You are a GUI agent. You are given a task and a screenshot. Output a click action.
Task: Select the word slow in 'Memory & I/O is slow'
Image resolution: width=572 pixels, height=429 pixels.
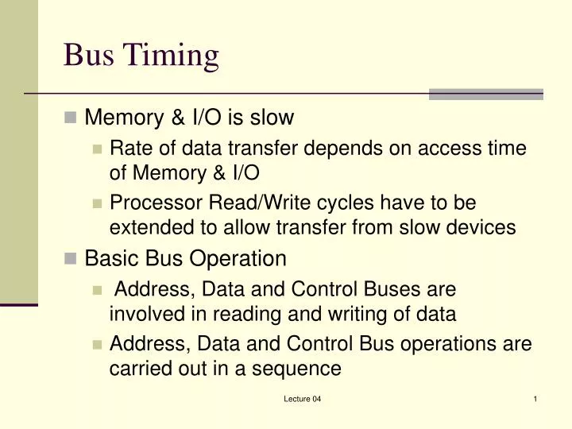[x=272, y=118]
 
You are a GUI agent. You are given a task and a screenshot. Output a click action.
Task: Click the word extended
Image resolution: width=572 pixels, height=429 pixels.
[x=148, y=227]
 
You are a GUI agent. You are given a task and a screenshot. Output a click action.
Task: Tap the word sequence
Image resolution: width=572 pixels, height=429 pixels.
[x=301, y=368]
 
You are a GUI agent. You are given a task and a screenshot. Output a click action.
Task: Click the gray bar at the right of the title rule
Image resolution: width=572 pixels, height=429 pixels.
[x=486, y=94]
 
